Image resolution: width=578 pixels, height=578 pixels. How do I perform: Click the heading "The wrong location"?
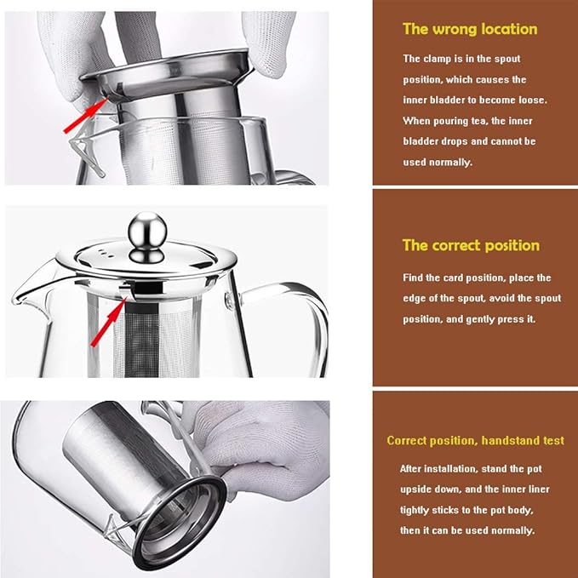470,29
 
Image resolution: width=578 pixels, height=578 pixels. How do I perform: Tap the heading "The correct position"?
471,245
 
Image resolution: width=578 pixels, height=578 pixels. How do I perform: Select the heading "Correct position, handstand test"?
475,440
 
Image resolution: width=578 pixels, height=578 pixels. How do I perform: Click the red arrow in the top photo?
86,114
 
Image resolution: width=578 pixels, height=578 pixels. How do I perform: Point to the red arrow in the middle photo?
109,322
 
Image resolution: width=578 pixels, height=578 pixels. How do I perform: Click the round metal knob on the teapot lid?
147,237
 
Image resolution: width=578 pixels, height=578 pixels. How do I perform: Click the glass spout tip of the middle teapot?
14,300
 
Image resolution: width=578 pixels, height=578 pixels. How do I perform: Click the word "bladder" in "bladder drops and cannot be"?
417,141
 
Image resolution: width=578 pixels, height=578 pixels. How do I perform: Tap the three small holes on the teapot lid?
106,253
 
